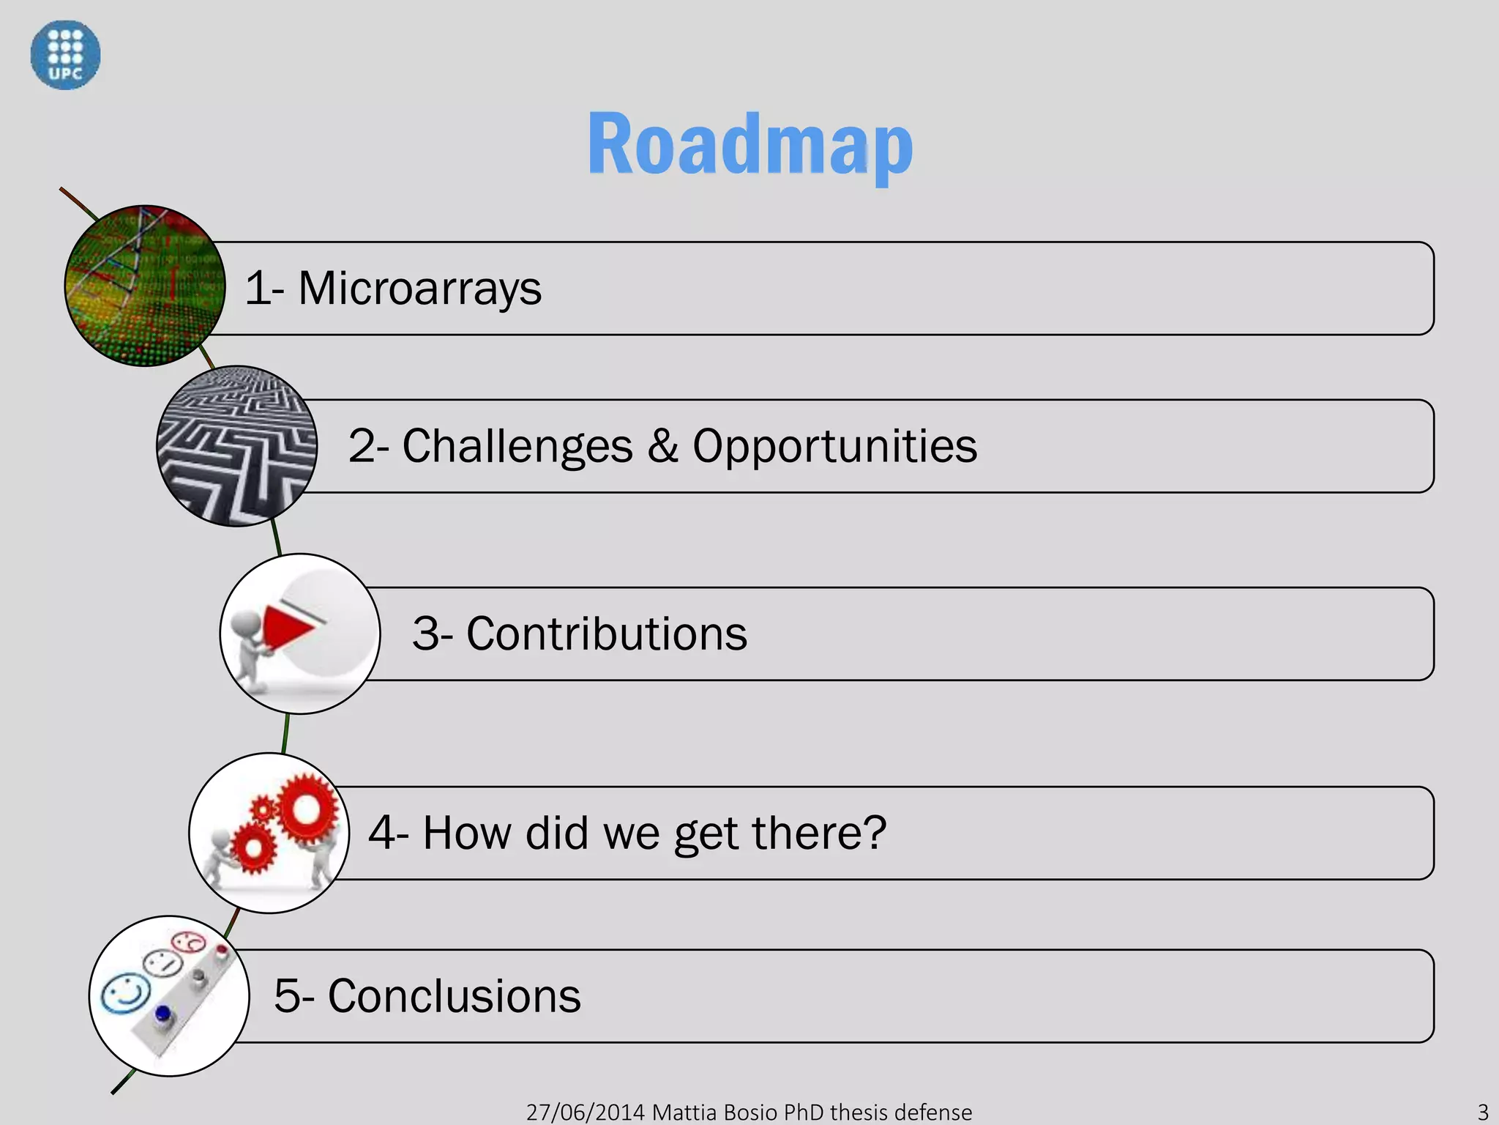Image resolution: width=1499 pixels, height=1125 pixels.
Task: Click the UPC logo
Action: (x=65, y=55)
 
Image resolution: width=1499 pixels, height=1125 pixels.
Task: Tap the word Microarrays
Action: (x=419, y=288)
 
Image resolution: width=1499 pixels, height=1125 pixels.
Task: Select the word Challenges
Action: (x=517, y=446)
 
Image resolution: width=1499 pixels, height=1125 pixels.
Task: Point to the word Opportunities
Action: (x=834, y=446)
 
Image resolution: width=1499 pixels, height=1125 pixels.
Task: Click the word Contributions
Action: (x=606, y=634)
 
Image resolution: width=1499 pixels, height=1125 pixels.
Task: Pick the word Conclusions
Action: (x=454, y=996)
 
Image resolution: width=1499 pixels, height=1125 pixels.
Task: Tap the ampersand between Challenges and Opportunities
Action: (x=662, y=446)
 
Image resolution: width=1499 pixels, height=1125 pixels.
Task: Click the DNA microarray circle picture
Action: (x=145, y=286)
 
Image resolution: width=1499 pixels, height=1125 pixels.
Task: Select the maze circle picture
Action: (x=236, y=446)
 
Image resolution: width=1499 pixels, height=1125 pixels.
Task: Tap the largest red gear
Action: (x=307, y=809)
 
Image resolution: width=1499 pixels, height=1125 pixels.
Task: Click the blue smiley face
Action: (x=125, y=993)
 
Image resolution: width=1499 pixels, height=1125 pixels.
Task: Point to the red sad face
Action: (x=189, y=942)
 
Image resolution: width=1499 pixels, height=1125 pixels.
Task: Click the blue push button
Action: (x=162, y=1014)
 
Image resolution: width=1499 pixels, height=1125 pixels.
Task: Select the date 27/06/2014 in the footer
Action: (x=586, y=1112)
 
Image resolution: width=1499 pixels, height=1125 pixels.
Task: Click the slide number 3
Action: (x=1483, y=1112)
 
